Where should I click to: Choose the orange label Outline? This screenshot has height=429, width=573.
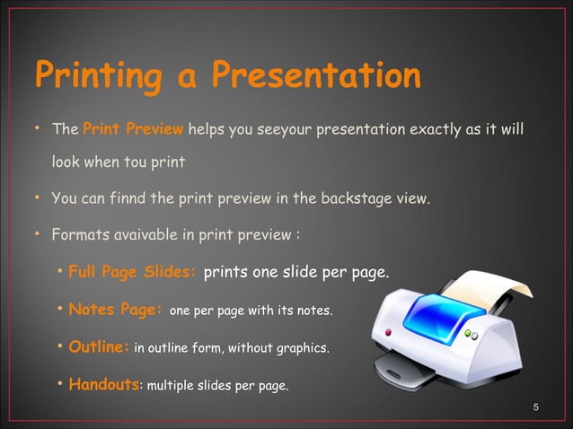tap(99, 347)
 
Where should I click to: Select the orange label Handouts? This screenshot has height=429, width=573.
tap(103, 385)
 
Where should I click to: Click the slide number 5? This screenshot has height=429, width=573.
tap(536, 408)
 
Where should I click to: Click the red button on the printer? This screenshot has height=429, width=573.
tap(389, 333)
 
